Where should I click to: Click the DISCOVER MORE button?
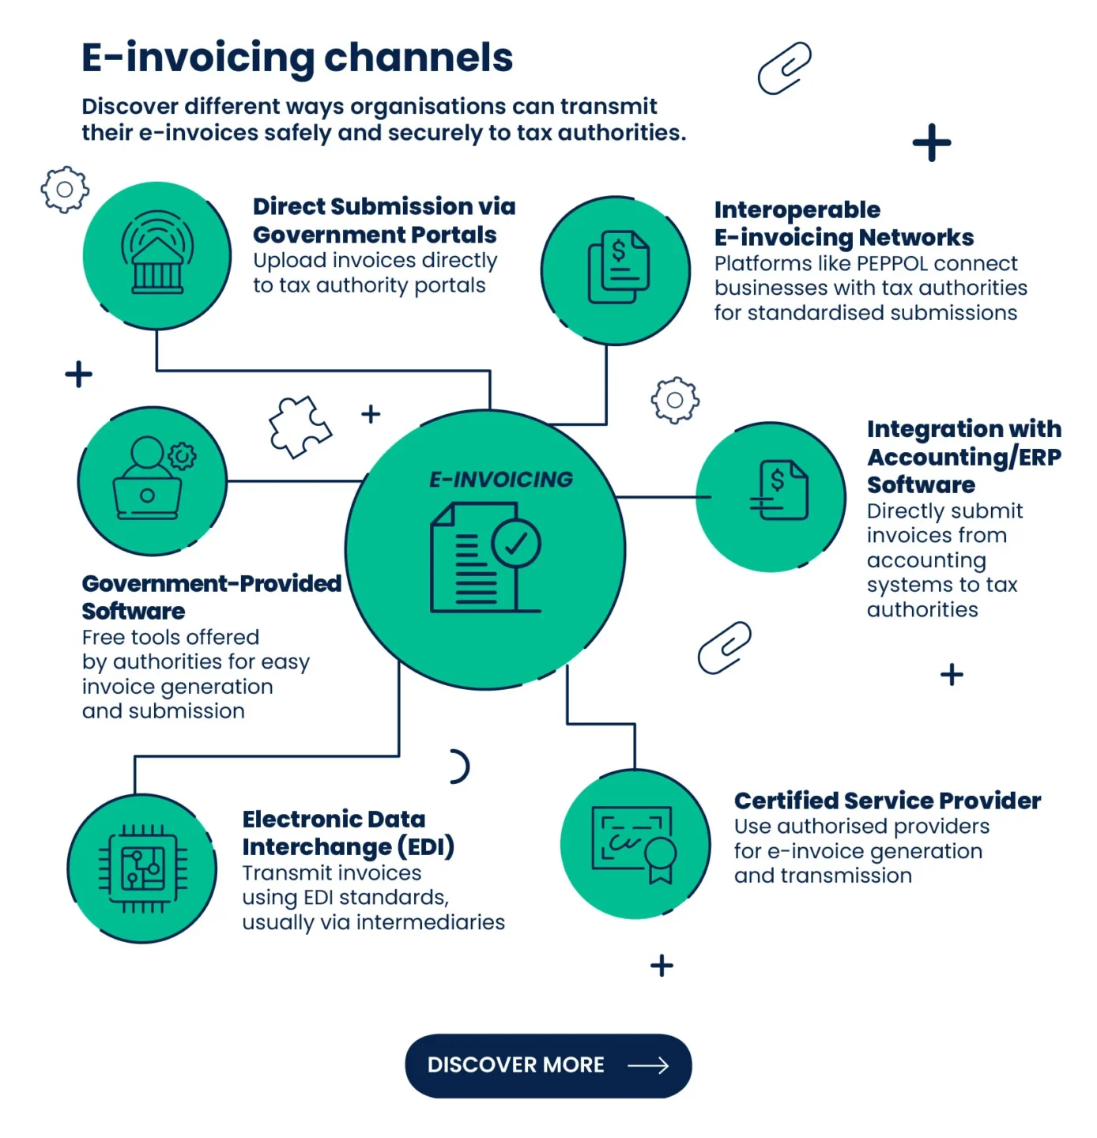[548, 1065]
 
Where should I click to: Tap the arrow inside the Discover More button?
[648, 1066]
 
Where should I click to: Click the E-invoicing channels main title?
[297, 58]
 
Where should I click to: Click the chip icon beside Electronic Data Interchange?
[143, 869]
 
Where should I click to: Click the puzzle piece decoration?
[299, 427]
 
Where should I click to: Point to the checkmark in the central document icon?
[515, 544]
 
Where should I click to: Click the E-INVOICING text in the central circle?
[501, 480]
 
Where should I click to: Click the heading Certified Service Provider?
[887, 801]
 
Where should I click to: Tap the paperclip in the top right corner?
[784, 69]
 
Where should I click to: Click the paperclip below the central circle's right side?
[725, 648]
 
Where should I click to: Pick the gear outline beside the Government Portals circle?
[65, 190]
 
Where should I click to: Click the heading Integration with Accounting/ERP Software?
[963, 457]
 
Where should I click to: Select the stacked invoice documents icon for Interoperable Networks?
[618, 267]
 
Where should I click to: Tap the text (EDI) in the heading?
[426, 847]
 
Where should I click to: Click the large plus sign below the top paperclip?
[932, 143]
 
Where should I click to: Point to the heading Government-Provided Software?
[211, 597]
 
